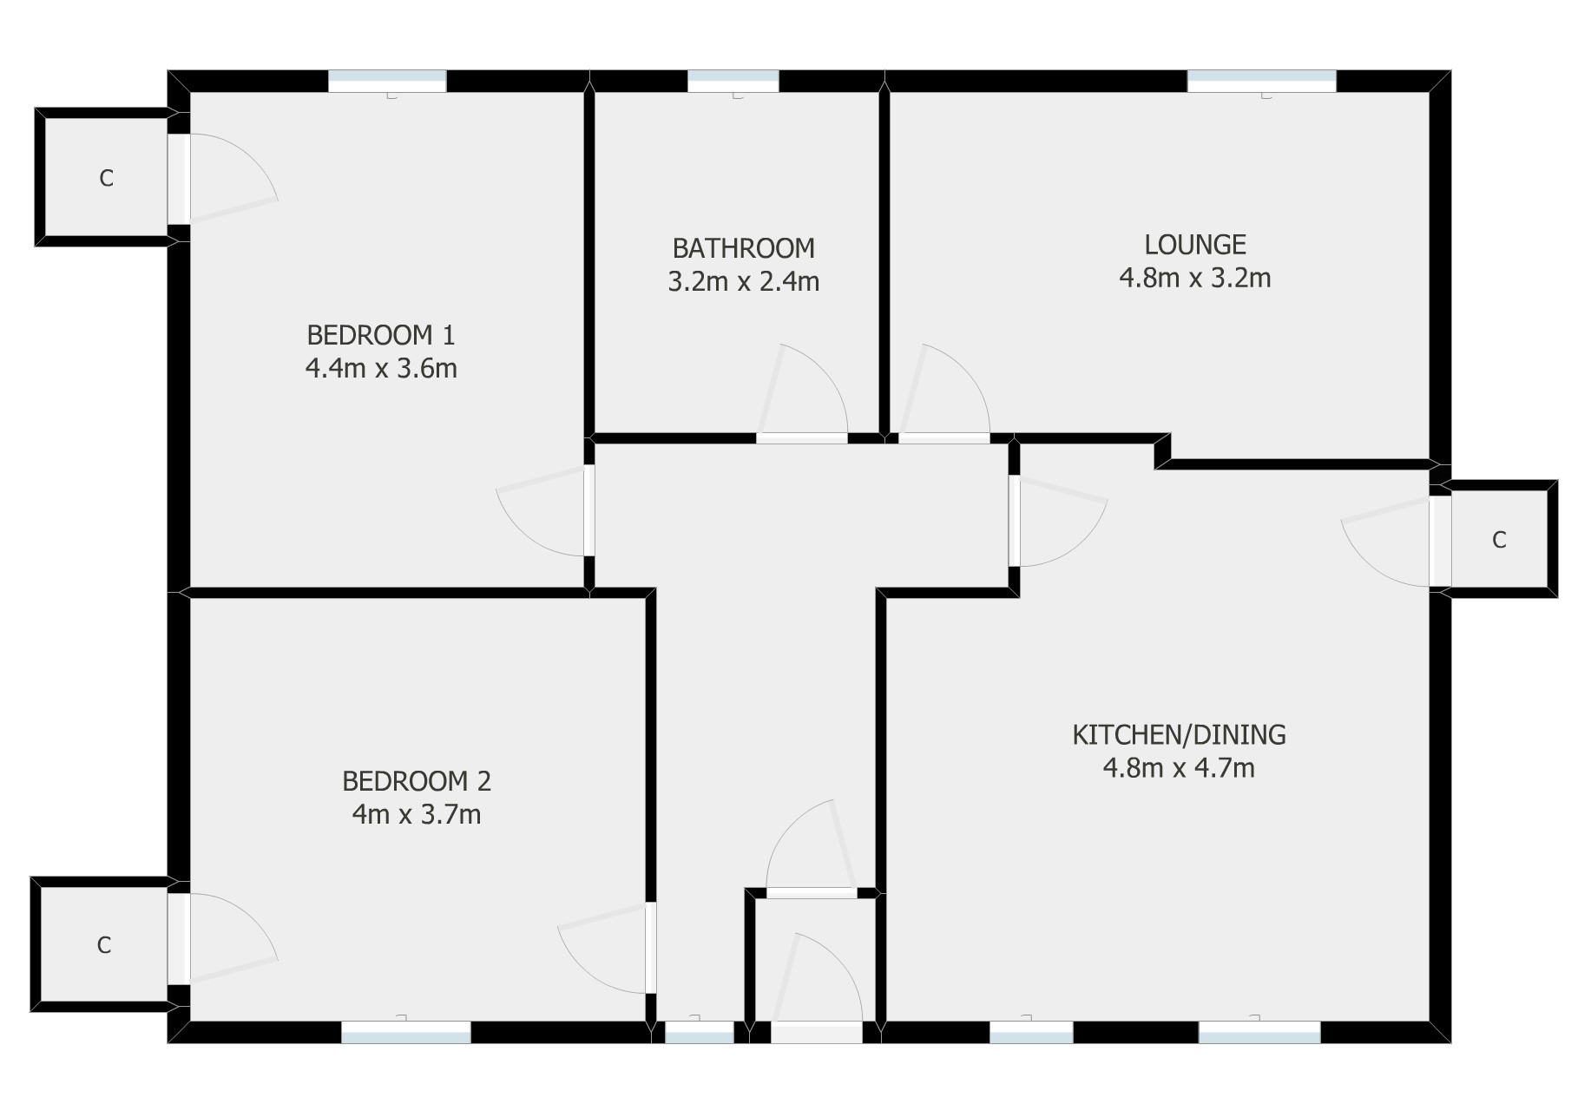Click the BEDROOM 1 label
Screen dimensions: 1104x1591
click(381, 334)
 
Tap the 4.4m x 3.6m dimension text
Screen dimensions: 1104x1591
click(381, 369)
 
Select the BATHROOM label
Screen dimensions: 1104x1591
click(744, 248)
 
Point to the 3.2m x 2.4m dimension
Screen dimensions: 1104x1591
click(744, 282)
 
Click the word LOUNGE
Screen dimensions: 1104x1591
click(1195, 245)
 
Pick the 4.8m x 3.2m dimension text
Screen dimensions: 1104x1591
click(1195, 279)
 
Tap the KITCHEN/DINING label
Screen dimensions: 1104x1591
click(1179, 735)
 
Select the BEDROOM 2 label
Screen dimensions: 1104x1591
click(417, 781)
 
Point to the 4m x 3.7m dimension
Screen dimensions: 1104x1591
click(417, 815)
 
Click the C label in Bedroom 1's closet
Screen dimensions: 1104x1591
click(106, 179)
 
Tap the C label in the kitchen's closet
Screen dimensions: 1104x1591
click(1499, 541)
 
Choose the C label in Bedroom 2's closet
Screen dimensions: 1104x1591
click(104, 945)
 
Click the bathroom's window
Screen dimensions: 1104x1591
click(733, 82)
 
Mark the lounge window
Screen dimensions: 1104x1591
click(1262, 82)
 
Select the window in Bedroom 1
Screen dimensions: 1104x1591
click(387, 82)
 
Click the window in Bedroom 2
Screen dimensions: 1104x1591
click(406, 1032)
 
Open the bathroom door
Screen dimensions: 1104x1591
click(802, 438)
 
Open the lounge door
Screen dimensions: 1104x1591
click(944, 438)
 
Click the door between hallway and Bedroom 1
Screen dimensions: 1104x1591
click(589, 511)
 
